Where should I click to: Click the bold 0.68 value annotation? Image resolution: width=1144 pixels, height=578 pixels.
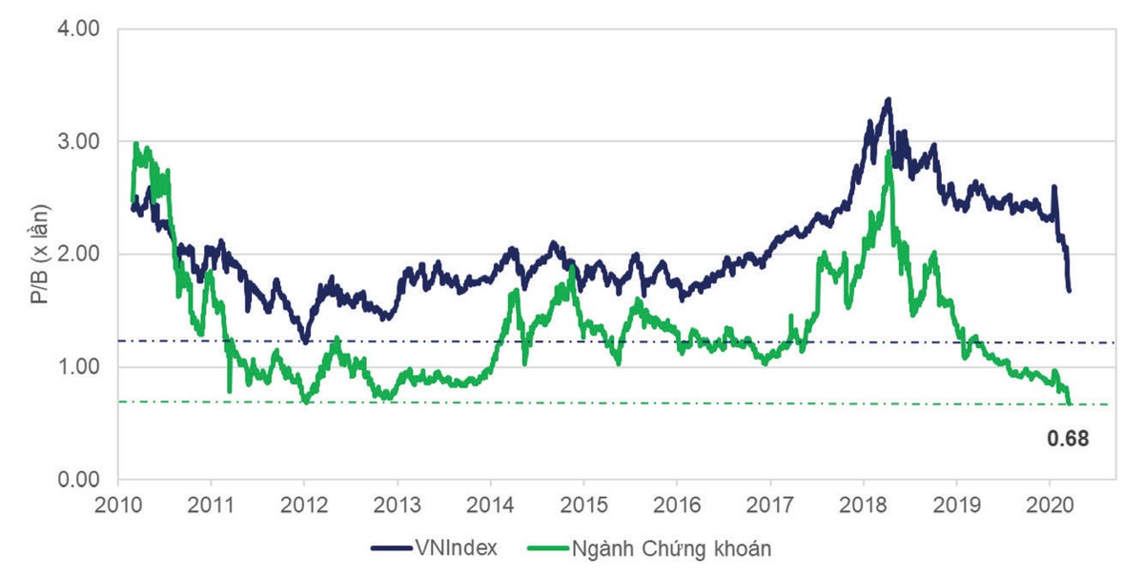coord(1067,439)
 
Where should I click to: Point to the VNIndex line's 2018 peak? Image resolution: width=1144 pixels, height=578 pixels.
coord(889,99)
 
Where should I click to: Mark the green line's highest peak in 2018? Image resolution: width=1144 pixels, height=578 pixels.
coord(889,153)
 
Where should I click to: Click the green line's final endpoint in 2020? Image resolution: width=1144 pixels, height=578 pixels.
coord(1070,403)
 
